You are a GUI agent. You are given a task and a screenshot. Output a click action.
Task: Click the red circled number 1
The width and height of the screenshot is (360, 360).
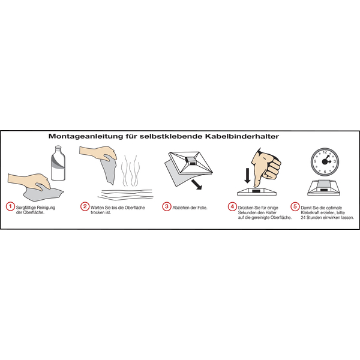pyautogui.click(x=10, y=206)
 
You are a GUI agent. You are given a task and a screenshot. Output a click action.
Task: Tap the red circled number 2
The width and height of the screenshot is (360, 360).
pyautogui.click(x=85, y=206)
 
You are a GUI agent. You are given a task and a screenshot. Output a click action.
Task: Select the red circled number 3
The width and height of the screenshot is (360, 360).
pyautogui.click(x=167, y=206)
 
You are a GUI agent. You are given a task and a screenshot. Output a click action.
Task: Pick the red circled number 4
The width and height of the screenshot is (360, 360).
pyautogui.click(x=232, y=206)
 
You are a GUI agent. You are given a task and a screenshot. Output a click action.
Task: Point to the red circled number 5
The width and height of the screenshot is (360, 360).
pyautogui.click(x=295, y=206)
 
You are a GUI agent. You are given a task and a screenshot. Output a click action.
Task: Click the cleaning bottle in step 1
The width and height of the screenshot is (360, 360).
pyautogui.click(x=58, y=163)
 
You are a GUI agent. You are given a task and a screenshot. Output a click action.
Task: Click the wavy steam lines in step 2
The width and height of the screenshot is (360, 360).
pyautogui.click(x=130, y=171)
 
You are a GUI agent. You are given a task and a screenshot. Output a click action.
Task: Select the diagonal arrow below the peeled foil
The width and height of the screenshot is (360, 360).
pyautogui.click(x=197, y=185)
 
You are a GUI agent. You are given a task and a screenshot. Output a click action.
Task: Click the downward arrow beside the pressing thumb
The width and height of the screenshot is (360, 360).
pyautogui.click(x=247, y=176)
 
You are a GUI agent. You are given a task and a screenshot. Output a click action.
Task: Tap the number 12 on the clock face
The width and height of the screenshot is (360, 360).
pyautogui.click(x=325, y=152)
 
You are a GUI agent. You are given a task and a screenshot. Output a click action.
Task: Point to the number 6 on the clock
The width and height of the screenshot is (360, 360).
pyautogui.click(x=325, y=172)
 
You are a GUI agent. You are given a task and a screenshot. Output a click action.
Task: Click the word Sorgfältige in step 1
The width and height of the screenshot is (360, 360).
pyautogui.click(x=26, y=208)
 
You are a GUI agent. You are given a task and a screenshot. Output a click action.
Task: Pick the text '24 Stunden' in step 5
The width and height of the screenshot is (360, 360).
pyautogui.click(x=311, y=218)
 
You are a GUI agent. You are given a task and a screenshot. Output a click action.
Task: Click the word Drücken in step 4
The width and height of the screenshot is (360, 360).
pyautogui.click(x=245, y=208)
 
